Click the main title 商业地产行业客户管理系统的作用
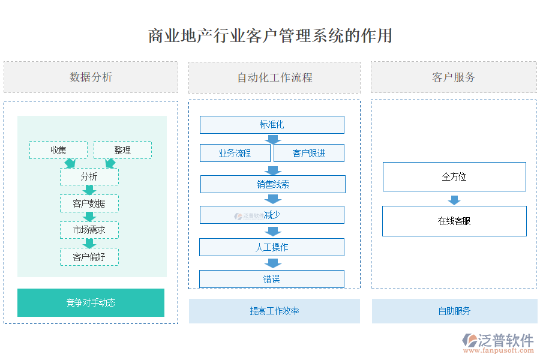[270, 35]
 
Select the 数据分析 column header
[91, 77]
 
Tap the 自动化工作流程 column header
[274, 77]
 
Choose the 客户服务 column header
[454, 77]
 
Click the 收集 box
[58, 150]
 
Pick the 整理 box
[122, 150]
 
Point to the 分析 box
[89, 176]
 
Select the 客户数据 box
[89, 203]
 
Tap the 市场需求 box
[89, 230]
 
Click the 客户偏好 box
[89, 257]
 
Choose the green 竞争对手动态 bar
[91, 302]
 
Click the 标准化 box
[272, 125]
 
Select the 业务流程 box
[235, 153]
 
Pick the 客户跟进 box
[309, 153]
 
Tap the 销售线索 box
[272, 184]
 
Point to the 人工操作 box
[272, 247]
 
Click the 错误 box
[272, 279]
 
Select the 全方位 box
[454, 176]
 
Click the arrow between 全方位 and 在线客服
[454, 200]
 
